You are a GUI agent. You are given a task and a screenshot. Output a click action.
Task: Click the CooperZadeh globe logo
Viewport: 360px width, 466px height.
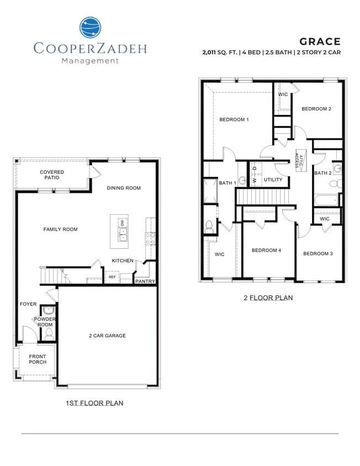coord(91,28)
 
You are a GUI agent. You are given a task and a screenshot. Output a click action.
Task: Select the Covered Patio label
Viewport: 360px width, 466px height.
coord(52,176)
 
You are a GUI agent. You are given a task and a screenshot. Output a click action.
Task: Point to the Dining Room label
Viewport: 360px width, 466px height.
coord(124,188)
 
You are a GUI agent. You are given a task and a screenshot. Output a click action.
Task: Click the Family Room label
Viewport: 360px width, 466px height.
coord(61,230)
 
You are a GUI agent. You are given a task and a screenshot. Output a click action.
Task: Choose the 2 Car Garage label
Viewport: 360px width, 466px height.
coord(107,336)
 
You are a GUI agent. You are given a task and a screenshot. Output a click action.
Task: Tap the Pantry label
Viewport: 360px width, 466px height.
coord(145,282)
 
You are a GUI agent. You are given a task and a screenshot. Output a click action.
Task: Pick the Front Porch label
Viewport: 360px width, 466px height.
coord(38,359)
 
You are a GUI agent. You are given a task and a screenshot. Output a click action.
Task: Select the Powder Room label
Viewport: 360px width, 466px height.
coord(44,322)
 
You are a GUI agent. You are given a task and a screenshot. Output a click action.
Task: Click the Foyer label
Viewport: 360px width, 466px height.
coord(28,304)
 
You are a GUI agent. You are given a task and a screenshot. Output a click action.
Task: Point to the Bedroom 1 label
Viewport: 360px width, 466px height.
coord(234,120)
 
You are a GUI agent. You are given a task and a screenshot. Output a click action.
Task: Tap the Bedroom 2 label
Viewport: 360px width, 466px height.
coord(316,109)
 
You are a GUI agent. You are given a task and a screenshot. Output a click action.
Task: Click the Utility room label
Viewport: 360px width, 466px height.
coord(273,180)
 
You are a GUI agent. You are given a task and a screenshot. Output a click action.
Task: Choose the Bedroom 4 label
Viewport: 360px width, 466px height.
coord(266,251)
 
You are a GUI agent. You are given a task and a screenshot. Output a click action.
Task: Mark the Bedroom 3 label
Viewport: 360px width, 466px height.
coord(317,253)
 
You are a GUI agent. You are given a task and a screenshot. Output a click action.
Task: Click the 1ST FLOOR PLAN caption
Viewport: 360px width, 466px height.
coord(94,403)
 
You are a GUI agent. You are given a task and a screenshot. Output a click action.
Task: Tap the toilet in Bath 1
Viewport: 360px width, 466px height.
coord(209,225)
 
